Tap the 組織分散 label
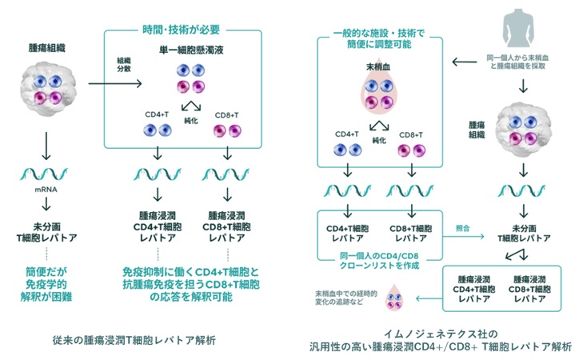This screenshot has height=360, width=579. tap(122, 64)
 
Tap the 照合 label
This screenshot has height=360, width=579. tap(461, 228)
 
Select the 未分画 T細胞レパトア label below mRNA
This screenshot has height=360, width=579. tap(46, 228)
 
